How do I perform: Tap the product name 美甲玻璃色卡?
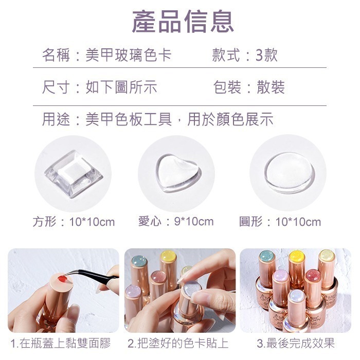point(129,55)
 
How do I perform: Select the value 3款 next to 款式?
point(266,55)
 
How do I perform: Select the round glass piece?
point(289,173)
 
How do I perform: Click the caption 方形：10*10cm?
point(74,222)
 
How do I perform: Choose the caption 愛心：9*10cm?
point(176,221)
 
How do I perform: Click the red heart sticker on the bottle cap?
point(62,279)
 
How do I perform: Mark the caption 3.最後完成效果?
point(295,343)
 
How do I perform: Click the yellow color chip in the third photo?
point(297,256)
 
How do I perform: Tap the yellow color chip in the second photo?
point(168,256)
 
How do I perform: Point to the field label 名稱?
point(56,55)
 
